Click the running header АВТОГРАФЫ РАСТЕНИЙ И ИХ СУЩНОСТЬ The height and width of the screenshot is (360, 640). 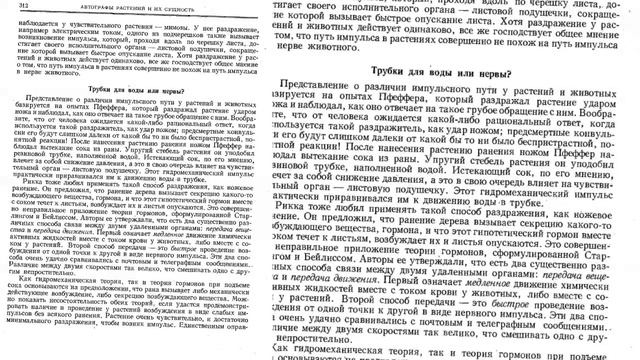141,6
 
